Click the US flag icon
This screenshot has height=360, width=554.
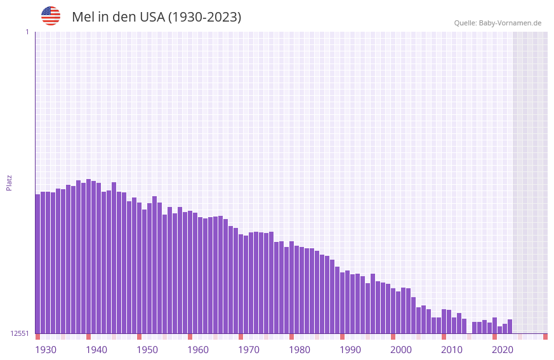click(x=51, y=16)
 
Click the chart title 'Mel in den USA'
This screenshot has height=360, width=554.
click(x=156, y=17)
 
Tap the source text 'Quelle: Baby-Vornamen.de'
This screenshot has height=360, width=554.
click(x=498, y=23)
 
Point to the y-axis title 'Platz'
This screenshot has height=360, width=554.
click(x=9, y=182)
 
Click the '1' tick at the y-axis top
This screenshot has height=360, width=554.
click(x=27, y=32)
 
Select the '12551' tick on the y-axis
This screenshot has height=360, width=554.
click(x=20, y=333)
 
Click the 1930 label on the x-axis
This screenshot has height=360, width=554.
click(x=46, y=350)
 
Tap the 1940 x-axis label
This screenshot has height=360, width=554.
click(x=96, y=350)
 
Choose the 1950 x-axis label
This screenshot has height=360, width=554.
click(x=147, y=350)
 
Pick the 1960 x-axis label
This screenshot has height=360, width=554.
click(x=198, y=350)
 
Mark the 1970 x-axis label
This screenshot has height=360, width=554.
click(x=249, y=350)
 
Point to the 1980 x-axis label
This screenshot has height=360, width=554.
click(x=300, y=350)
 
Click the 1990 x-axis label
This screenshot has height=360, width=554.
click(x=350, y=350)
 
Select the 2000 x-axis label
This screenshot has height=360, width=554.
click(x=401, y=350)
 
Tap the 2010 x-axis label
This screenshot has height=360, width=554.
click(x=452, y=350)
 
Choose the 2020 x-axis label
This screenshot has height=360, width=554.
click(x=503, y=350)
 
